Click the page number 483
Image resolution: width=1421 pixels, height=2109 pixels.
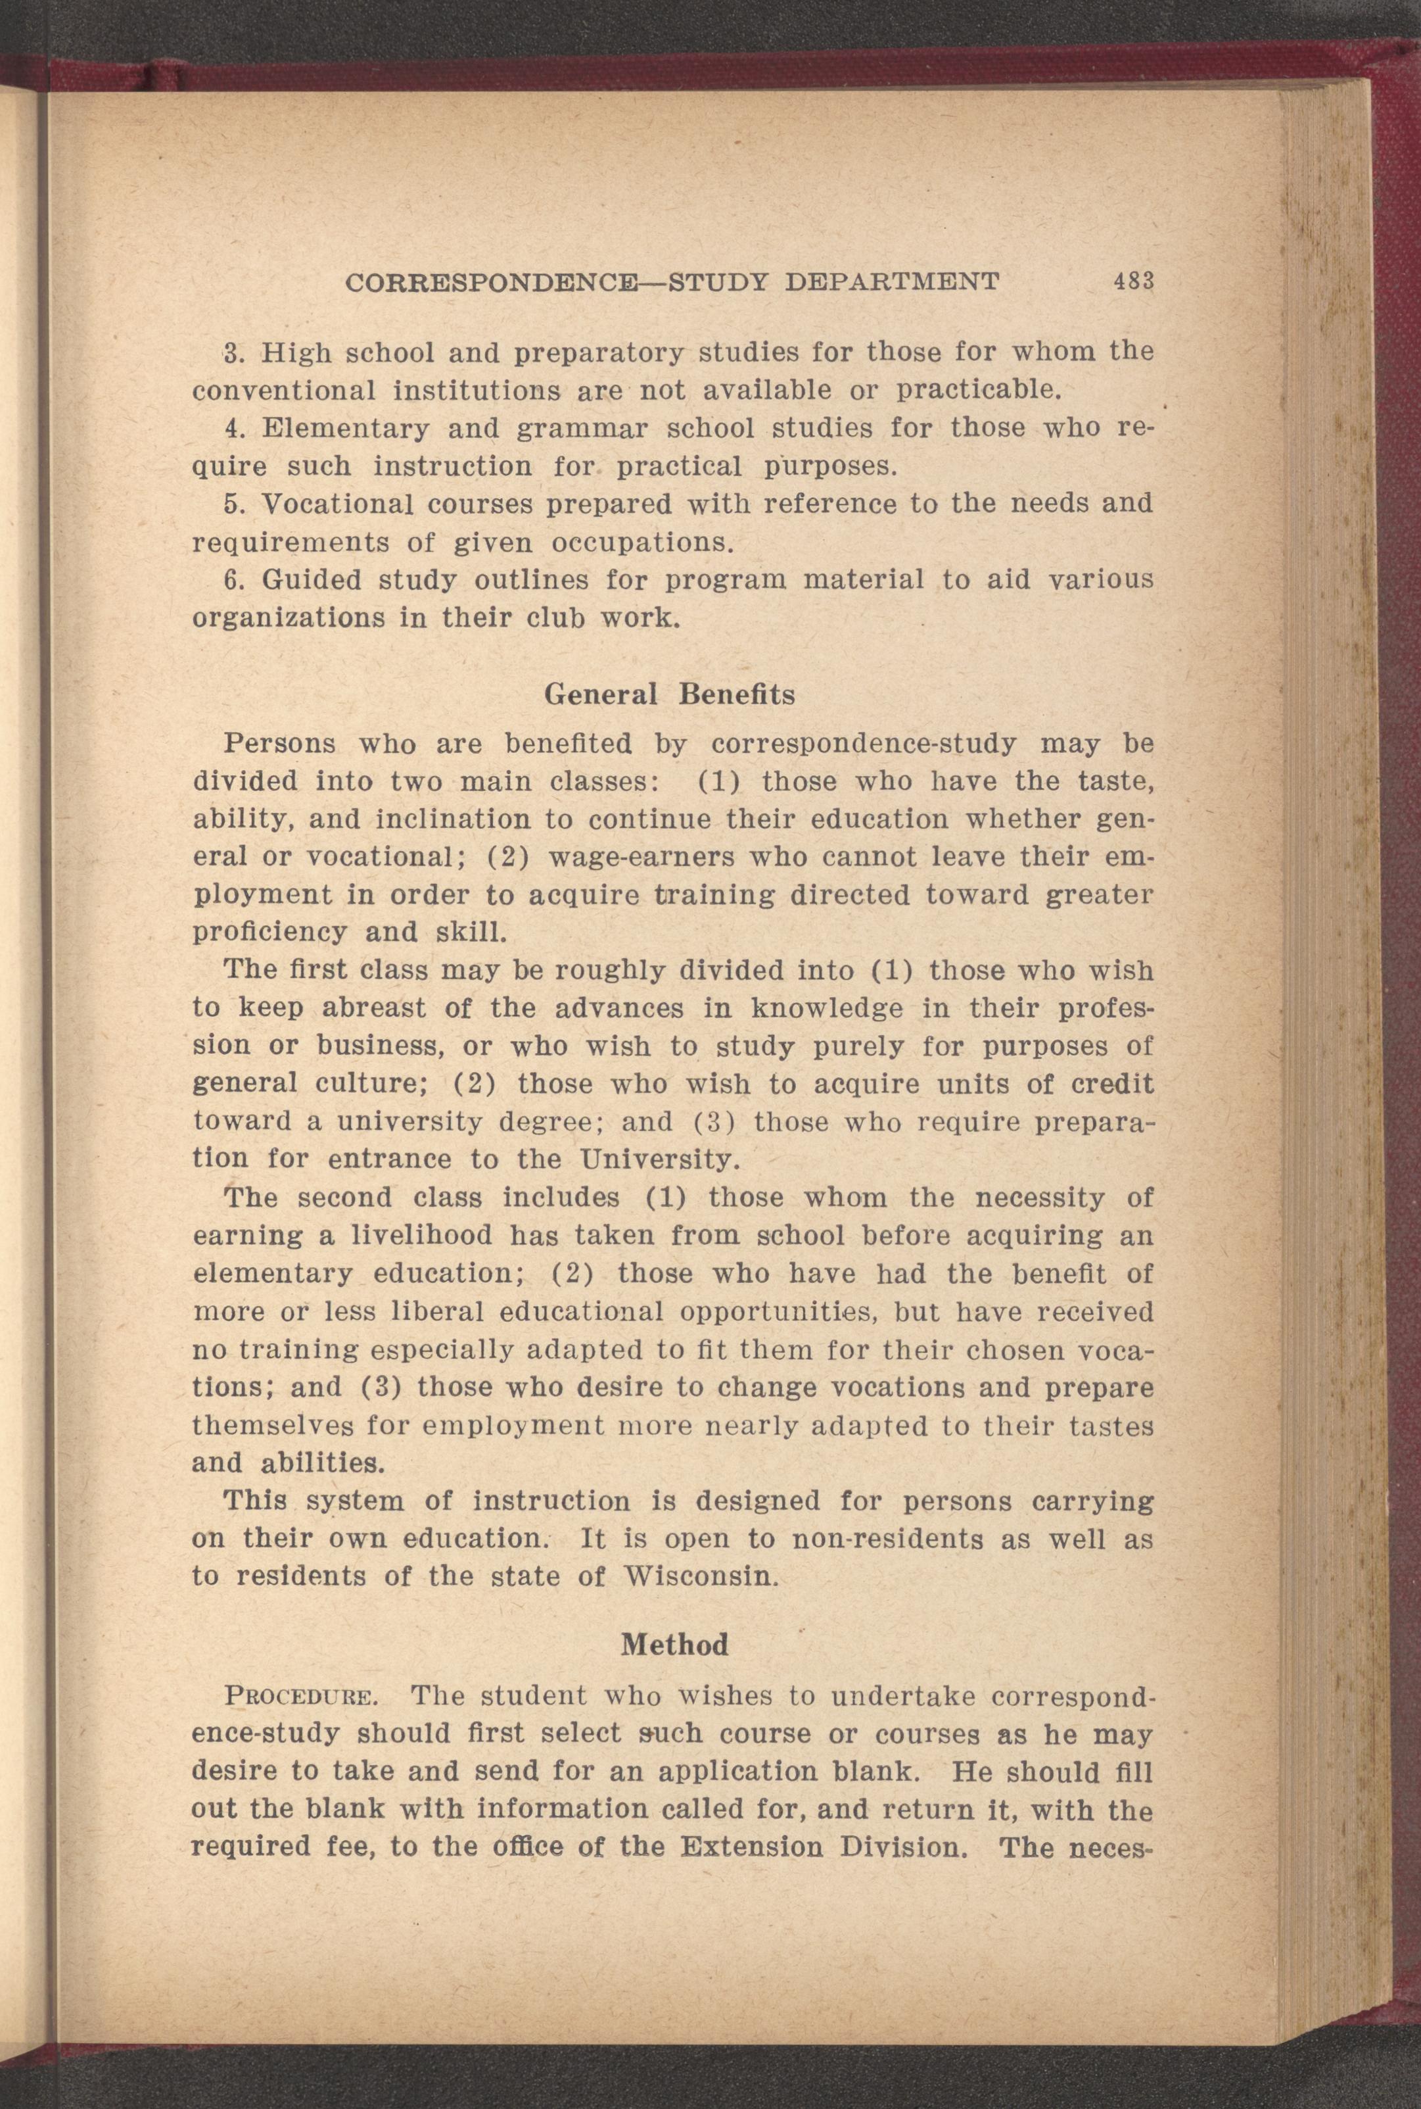(x=1133, y=282)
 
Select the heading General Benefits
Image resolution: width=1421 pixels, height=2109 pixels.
(x=670, y=694)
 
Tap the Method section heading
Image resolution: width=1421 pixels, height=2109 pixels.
(x=674, y=1644)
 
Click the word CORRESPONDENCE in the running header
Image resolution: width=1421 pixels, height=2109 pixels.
(x=500, y=283)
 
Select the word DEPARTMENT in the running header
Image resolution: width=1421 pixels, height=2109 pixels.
(x=892, y=283)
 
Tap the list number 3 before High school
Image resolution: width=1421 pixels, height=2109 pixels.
(x=230, y=352)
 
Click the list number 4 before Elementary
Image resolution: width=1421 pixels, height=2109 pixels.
(x=230, y=428)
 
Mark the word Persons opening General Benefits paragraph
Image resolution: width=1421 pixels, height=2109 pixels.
(x=279, y=744)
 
